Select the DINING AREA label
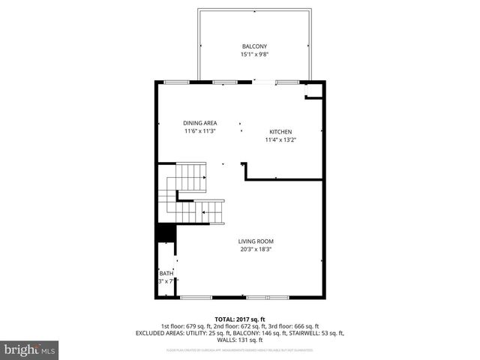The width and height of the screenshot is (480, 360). click(x=199, y=123)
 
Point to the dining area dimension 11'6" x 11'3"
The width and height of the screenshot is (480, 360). click(x=199, y=131)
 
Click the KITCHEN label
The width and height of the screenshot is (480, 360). click(x=280, y=131)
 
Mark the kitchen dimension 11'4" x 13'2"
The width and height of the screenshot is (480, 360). click(x=280, y=140)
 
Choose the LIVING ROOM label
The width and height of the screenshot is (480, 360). click(x=256, y=241)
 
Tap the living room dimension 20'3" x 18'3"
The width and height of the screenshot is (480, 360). click(x=256, y=249)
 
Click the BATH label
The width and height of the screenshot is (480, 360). click(x=166, y=273)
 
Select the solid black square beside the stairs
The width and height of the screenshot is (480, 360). click(x=165, y=232)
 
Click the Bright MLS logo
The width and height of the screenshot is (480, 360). click(x=30, y=349)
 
